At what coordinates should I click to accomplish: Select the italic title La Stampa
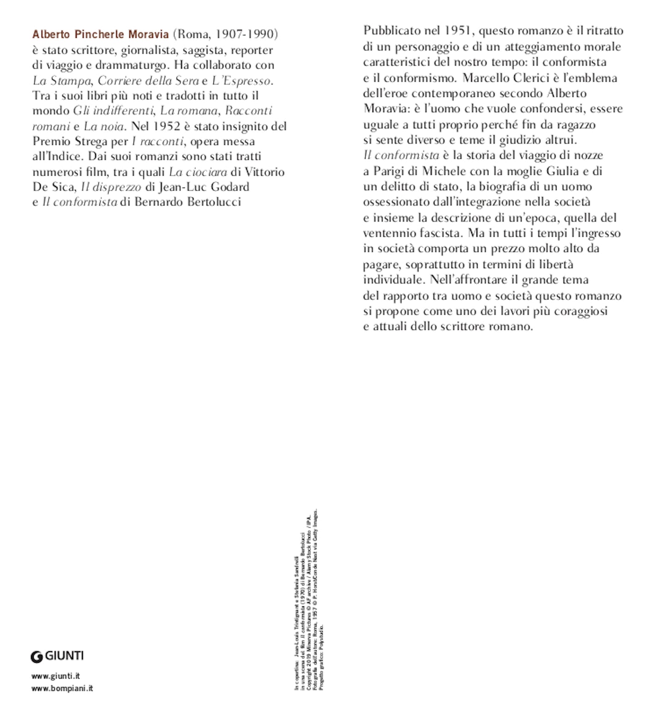(x=61, y=80)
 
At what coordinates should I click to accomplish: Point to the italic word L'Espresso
(x=241, y=80)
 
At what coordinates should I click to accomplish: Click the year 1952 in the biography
(x=167, y=126)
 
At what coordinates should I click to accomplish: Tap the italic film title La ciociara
(x=198, y=172)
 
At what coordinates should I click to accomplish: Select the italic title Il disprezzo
(x=111, y=187)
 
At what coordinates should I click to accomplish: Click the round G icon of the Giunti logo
(x=36, y=656)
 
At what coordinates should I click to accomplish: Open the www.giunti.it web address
(x=55, y=676)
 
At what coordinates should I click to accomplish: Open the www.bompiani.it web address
(x=62, y=688)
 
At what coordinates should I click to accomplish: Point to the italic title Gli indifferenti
(x=113, y=111)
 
